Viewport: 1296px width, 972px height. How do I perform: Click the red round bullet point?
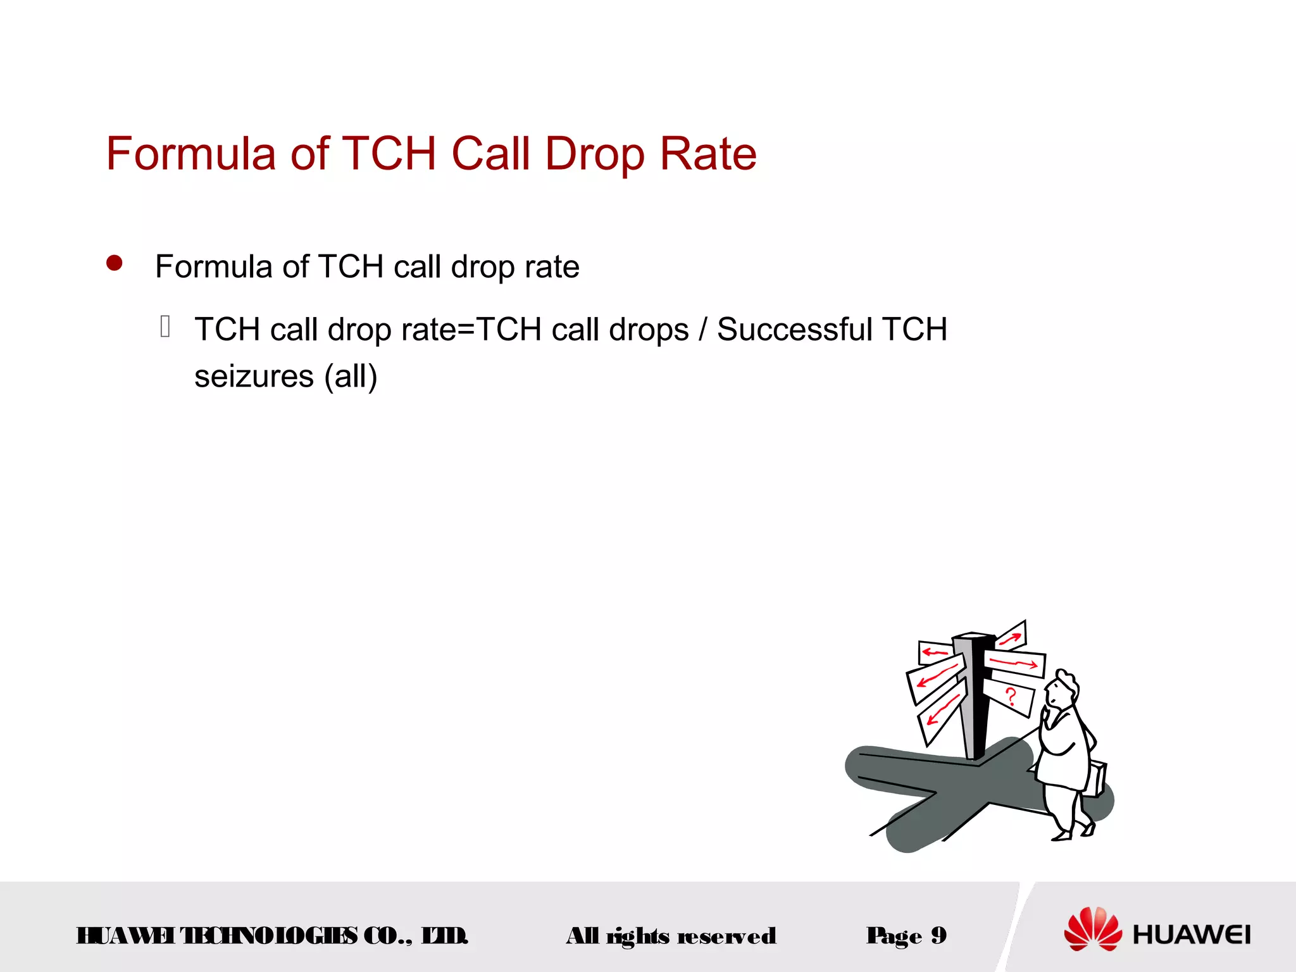point(115,263)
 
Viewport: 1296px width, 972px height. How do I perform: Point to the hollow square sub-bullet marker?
point(165,327)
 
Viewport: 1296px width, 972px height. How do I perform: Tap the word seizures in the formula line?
point(254,377)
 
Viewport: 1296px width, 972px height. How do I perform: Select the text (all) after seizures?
point(351,377)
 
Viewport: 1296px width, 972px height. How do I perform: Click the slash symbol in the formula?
point(703,330)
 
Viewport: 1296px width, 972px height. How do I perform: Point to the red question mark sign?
point(1011,697)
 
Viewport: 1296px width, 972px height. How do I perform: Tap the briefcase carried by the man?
point(1097,778)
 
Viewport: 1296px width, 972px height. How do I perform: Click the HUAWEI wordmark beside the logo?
point(1192,935)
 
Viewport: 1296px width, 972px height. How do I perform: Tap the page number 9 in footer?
point(939,935)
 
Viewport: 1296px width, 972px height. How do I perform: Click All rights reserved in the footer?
point(671,936)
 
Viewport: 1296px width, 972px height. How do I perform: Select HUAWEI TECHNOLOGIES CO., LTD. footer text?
point(272,935)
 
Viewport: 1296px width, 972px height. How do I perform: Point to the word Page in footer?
point(894,936)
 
